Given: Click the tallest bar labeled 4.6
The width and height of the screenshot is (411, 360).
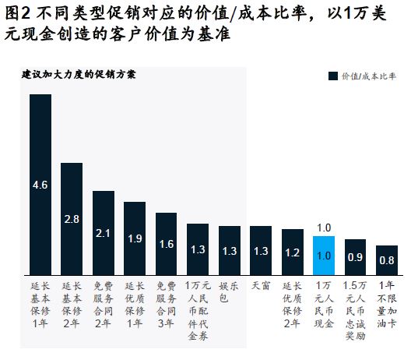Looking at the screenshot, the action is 40,185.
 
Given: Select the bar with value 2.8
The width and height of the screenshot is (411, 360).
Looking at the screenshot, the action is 72,219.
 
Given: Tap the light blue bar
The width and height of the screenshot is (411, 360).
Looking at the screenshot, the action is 324,256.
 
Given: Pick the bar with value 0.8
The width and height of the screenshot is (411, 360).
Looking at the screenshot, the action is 387,260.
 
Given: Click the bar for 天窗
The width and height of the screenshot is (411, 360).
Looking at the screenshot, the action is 261,251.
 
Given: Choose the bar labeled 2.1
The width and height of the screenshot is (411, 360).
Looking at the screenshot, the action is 104,233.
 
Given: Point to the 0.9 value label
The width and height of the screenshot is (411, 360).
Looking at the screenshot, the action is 355,257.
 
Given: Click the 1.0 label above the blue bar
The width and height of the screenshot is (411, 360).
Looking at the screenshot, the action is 324,228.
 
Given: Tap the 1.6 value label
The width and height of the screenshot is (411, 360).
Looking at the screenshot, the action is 167,244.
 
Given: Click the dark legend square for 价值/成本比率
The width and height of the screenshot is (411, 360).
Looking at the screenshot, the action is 333,76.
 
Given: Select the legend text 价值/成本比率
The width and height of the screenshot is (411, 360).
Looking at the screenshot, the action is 368,76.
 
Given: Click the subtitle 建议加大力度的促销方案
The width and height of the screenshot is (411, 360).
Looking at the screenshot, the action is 79,75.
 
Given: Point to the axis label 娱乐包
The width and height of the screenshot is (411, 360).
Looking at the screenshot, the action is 229,291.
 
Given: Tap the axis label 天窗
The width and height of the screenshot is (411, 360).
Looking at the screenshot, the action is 261,286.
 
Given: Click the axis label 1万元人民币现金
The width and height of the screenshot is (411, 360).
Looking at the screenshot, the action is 324,305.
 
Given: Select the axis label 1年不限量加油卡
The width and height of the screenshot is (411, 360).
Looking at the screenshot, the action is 387,305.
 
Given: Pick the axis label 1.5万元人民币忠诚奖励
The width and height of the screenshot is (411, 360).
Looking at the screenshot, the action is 355,311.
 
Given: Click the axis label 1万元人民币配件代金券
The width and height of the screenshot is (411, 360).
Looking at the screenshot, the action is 198,311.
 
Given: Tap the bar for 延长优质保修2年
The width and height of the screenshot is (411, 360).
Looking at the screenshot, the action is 293,252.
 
